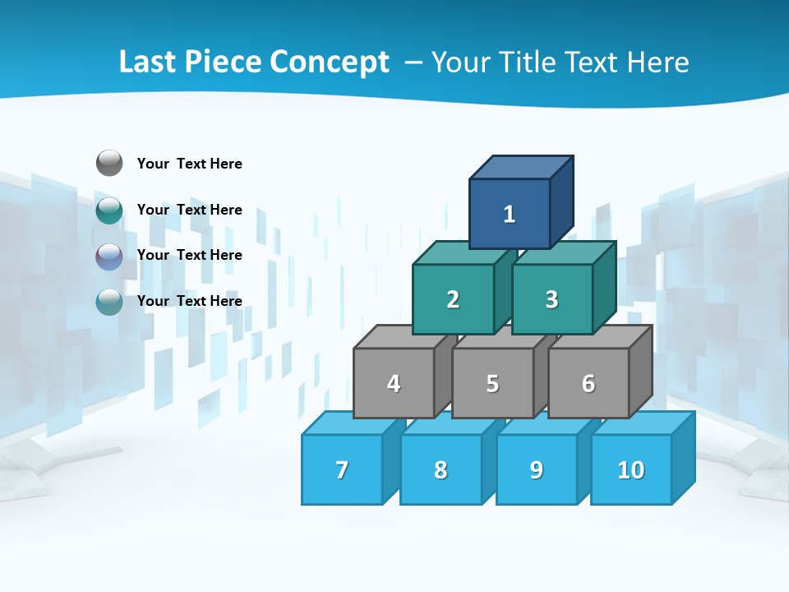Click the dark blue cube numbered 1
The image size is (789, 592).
(x=510, y=214)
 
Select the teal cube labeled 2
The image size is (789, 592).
(x=453, y=299)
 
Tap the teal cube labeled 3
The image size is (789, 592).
(x=551, y=299)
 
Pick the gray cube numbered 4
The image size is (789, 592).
(x=394, y=383)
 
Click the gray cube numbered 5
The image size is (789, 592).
(x=492, y=383)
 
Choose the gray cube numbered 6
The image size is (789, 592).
(x=588, y=383)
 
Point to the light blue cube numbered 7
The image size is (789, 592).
(x=342, y=469)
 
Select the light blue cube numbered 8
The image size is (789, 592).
(x=441, y=469)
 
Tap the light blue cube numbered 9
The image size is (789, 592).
(x=537, y=469)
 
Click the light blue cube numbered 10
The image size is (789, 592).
(x=631, y=469)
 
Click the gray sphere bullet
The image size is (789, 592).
(x=109, y=163)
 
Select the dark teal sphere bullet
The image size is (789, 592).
(x=109, y=210)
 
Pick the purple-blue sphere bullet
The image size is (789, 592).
(x=109, y=257)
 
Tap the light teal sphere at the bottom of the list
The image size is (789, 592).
(x=109, y=302)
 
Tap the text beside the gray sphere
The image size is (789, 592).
(x=190, y=164)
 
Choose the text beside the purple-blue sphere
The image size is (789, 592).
(x=190, y=255)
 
